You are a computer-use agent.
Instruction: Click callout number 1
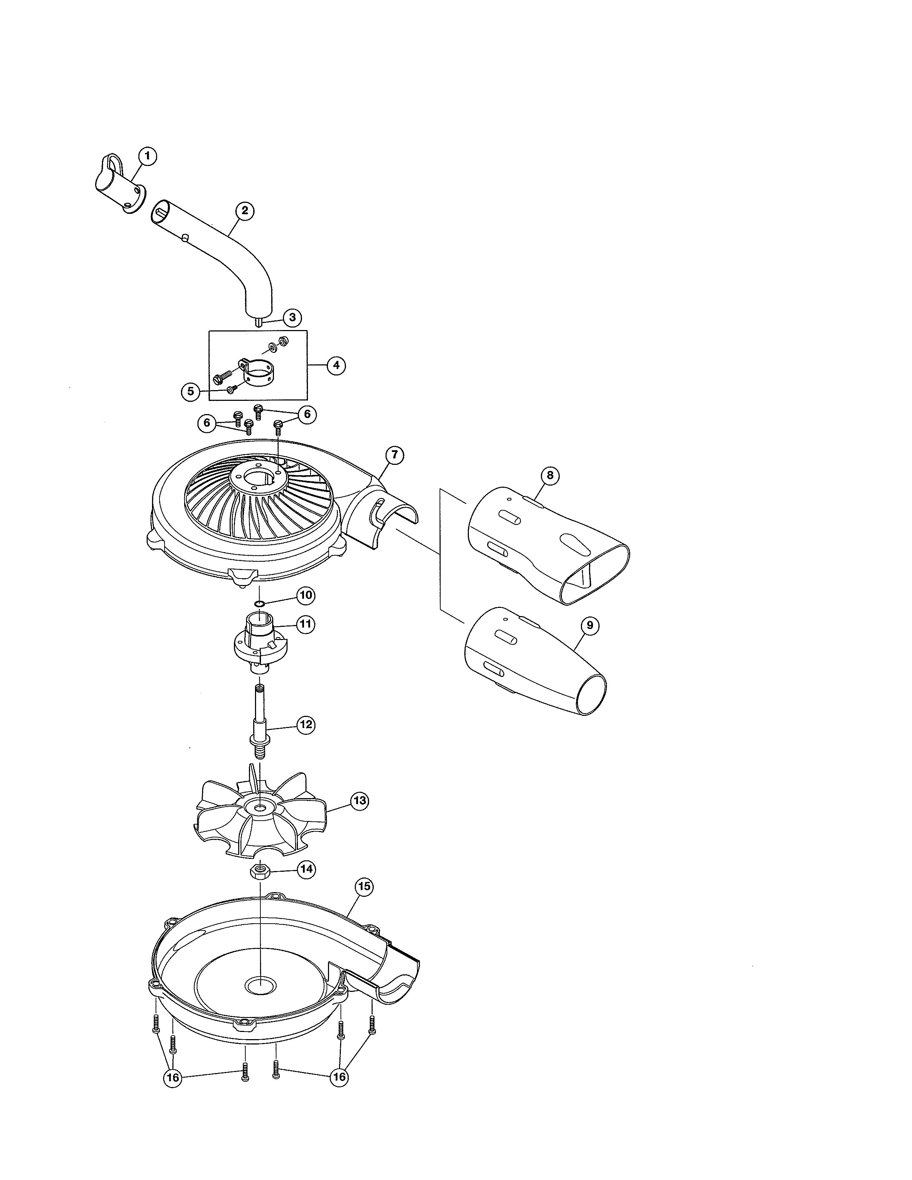coord(147,157)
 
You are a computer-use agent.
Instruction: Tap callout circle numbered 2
coord(245,211)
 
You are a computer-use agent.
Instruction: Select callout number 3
coord(292,317)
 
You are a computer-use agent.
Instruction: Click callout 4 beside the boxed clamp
coord(336,365)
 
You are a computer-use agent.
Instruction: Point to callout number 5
coord(190,392)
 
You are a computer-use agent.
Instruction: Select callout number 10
coord(306,595)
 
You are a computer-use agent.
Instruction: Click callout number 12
coord(306,724)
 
